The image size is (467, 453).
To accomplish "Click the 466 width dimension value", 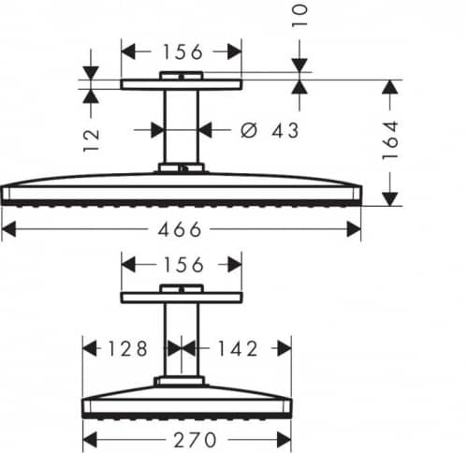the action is (x=180, y=229).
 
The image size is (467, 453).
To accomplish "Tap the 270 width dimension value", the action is (x=195, y=440).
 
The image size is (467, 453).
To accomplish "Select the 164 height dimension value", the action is (x=390, y=140).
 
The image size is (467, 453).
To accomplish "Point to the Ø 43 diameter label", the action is (x=270, y=130).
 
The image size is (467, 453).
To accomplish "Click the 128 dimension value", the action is (x=127, y=348).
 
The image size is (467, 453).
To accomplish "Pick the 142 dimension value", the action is (x=238, y=348).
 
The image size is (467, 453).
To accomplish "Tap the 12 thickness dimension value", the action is (x=92, y=140).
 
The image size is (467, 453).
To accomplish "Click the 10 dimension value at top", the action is (x=299, y=15).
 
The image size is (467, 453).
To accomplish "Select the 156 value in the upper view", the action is (x=183, y=51).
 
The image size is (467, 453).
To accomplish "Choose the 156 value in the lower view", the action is (x=183, y=265).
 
